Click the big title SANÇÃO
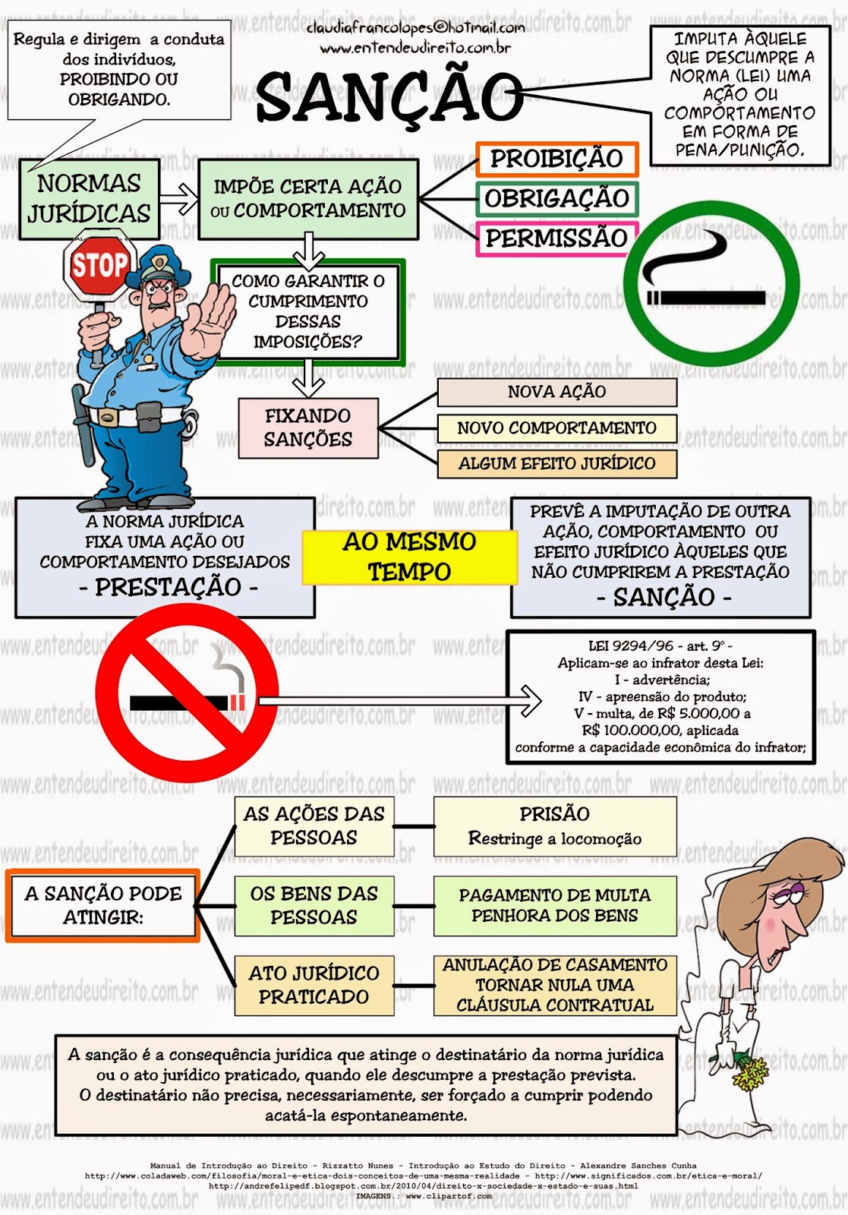[389, 97]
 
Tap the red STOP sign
[99, 266]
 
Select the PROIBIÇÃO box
[556, 159]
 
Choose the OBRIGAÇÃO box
[556, 199]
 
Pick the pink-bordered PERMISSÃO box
[556, 238]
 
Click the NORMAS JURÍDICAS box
[89, 198]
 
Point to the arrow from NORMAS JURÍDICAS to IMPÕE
[178, 199]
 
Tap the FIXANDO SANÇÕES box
[308, 428]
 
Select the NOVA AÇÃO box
[556, 392]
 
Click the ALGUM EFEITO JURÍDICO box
[556, 463]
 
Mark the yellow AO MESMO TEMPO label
[409, 557]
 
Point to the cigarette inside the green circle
[706, 297]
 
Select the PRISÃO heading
[554, 814]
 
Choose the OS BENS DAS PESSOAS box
[314, 905]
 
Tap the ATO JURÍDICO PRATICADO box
[314, 985]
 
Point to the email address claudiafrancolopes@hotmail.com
[415, 28]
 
